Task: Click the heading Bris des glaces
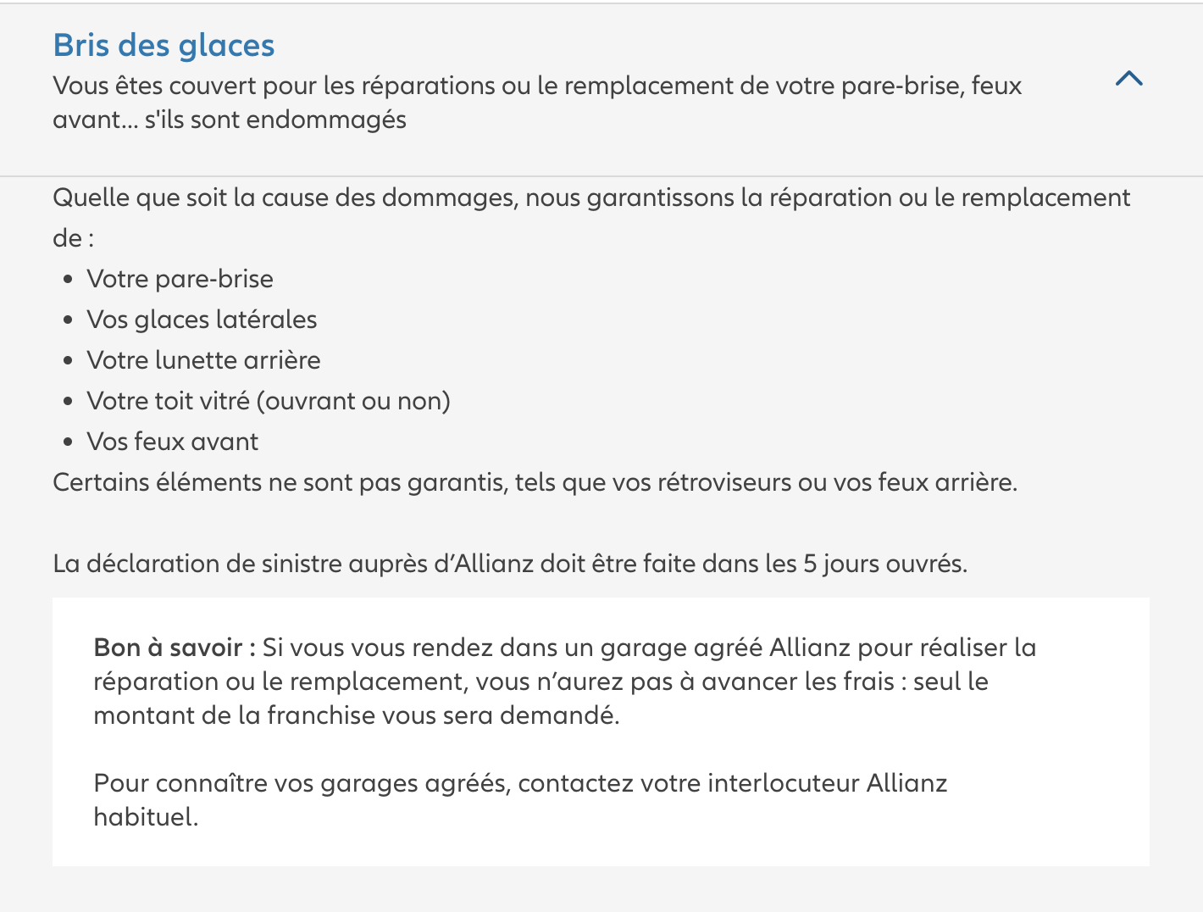[164, 46]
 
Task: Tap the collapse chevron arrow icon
[1129, 79]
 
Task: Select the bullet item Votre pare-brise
[180, 279]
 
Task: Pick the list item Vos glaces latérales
[202, 320]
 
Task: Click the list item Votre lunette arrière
[203, 360]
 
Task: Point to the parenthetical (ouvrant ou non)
[353, 401]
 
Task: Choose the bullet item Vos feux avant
[173, 442]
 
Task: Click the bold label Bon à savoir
[174, 648]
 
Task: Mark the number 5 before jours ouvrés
[810, 564]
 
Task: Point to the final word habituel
[146, 817]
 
